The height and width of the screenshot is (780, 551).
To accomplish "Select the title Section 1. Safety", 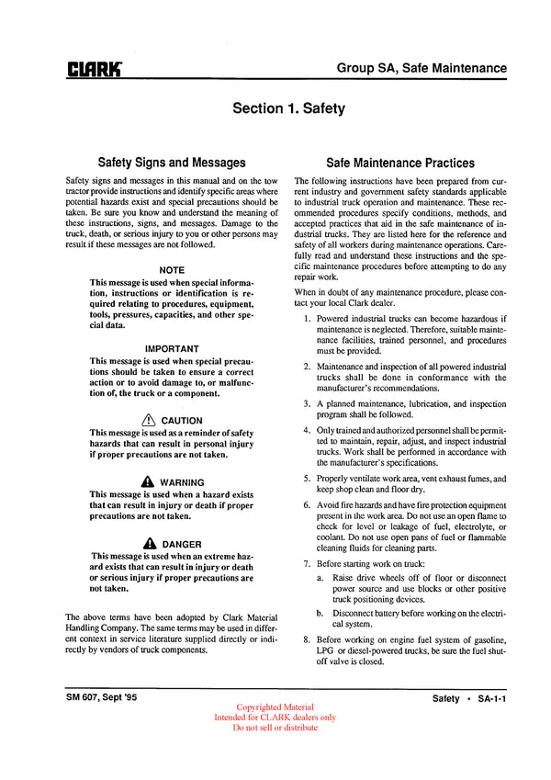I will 288,108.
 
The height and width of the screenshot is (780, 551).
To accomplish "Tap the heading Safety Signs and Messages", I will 172,163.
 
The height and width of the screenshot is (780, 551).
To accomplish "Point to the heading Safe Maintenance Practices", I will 399,163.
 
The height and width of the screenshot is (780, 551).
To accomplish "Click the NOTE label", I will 172,270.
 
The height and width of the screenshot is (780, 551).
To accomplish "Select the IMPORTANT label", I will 172,349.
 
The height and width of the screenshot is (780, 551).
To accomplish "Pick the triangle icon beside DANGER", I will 149,544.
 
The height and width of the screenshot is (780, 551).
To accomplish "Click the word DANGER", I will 182,545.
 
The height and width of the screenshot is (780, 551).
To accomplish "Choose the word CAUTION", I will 182,421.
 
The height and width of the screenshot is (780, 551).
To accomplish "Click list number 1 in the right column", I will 307,318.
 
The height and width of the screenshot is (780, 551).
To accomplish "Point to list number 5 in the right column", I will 307,479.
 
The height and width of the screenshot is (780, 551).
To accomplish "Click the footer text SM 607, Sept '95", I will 102,699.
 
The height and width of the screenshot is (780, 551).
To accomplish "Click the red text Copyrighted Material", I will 275,707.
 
